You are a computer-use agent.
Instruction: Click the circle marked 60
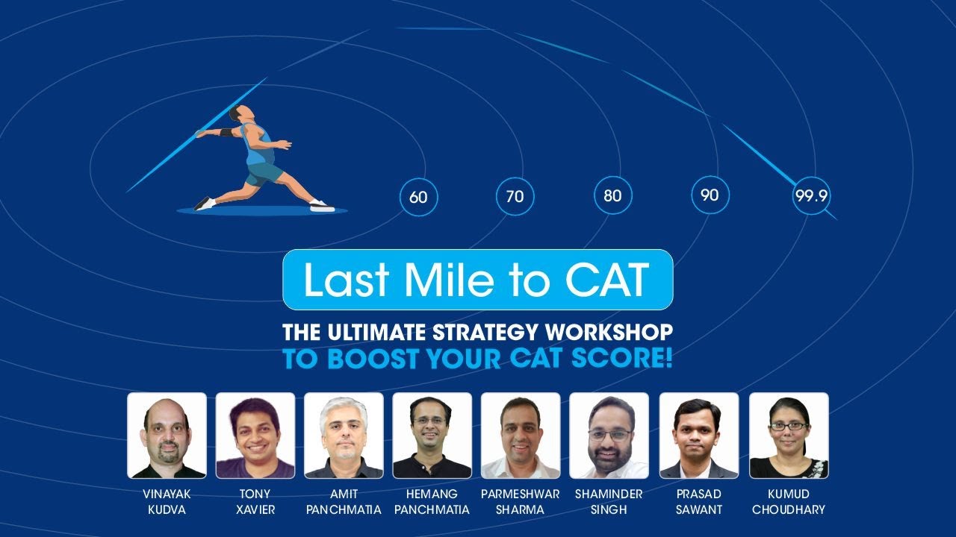[x=418, y=197]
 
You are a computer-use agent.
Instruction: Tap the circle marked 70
[x=515, y=197]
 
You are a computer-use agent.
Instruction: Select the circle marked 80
[x=612, y=196]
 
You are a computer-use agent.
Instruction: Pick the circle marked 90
[x=710, y=195]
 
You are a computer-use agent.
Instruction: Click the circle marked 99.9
[x=812, y=196]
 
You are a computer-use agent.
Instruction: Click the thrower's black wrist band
[x=226, y=133]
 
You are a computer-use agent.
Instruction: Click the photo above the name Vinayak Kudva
[x=167, y=435]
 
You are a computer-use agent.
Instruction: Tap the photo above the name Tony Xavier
[x=255, y=435]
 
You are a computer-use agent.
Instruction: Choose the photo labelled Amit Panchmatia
[x=344, y=435]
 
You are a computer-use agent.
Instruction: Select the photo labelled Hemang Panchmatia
[x=432, y=435]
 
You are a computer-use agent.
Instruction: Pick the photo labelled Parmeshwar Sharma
[x=521, y=435]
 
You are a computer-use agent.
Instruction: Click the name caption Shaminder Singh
[x=609, y=502]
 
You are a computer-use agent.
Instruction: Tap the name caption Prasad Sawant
[x=698, y=502]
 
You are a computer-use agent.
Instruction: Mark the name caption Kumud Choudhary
[x=789, y=502]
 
